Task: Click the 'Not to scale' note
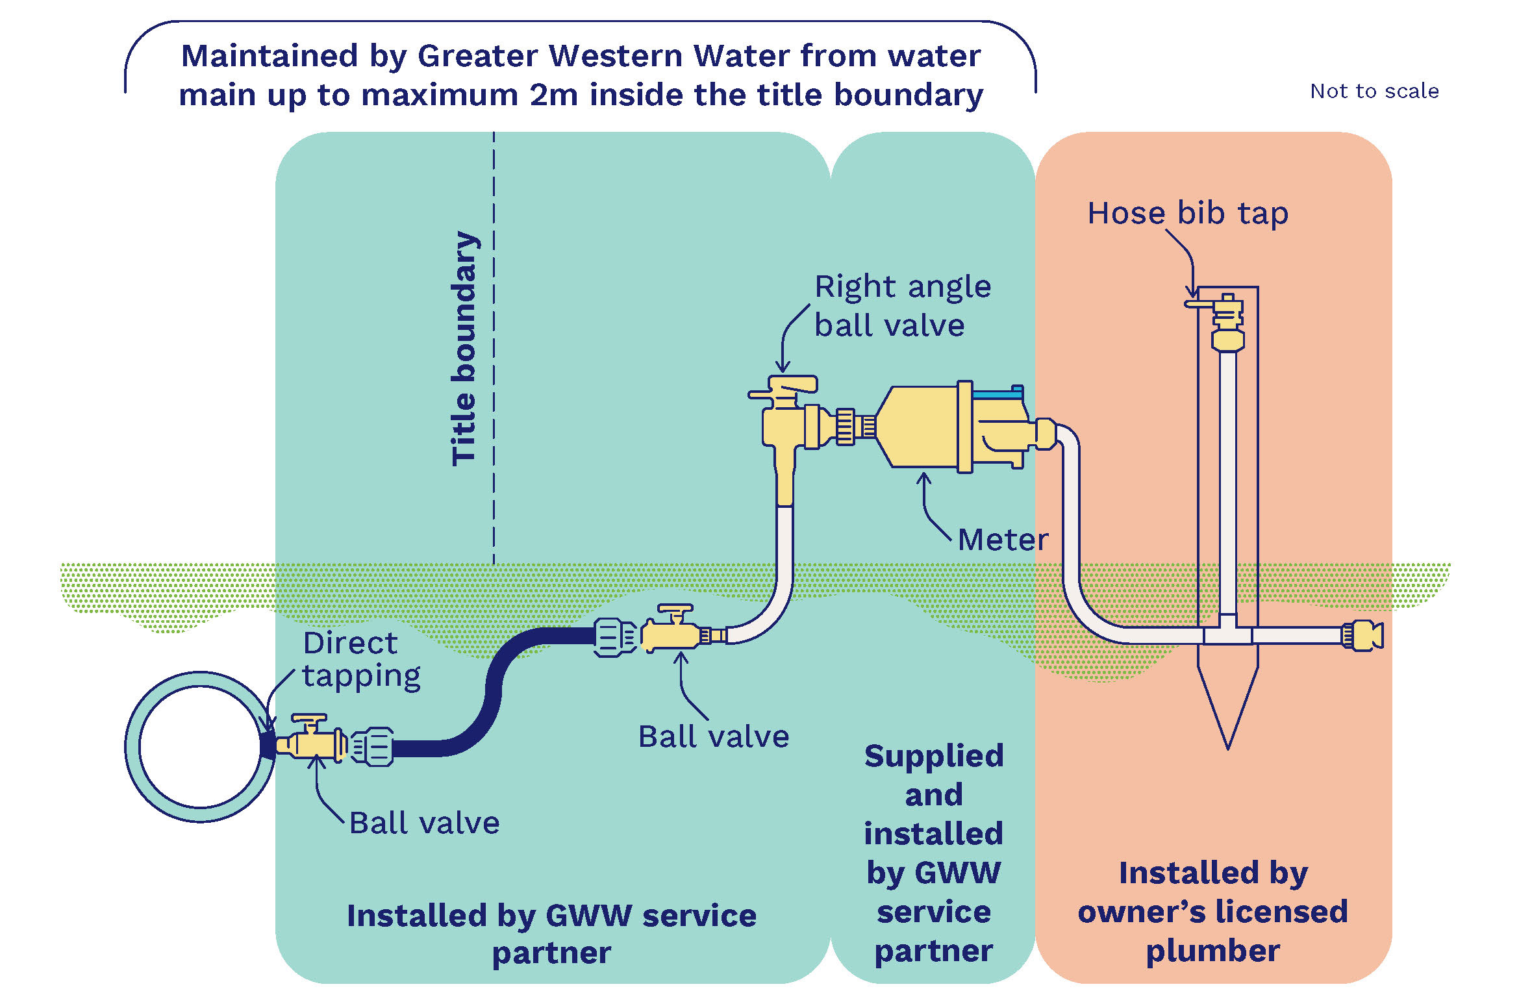[1374, 92]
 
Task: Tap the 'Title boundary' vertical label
[465, 348]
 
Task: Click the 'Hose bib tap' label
[1187, 214]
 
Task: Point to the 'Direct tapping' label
[360, 660]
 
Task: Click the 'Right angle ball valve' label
[902, 306]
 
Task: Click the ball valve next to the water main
[310, 740]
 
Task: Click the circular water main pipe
[200, 747]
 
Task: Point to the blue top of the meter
[997, 394]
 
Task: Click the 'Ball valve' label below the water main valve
[424, 823]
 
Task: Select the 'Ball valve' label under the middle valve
[713, 737]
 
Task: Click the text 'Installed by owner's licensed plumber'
[1212, 911]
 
